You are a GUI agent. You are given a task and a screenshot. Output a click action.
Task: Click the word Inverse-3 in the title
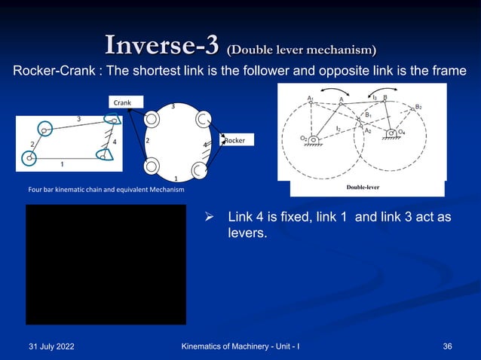[164, 44]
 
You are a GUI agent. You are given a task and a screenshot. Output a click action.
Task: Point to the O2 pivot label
[303, 138]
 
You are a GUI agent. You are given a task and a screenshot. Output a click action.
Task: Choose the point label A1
[311, 98]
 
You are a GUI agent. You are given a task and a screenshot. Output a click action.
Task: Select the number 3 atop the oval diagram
[173, 106]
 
